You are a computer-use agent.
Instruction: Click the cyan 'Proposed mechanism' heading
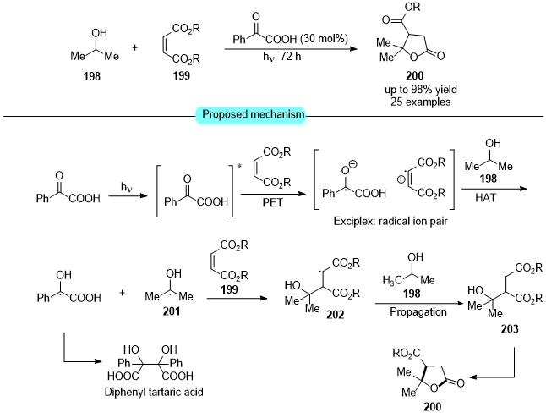[x=254, y=114]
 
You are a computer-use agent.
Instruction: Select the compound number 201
[x=172, y=311]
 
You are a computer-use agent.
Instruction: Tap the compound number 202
[x=336, y=315]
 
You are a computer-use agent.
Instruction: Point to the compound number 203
[x=510, y=328]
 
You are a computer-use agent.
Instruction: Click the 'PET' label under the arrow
[x=273, y=202]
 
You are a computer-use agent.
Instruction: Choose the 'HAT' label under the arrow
[x=485, y=198]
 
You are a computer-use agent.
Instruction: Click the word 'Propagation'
[x=418, y=311]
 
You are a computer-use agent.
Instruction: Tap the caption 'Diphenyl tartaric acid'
[x=154, y=392]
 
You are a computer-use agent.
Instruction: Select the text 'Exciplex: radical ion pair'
[x=390, y=221]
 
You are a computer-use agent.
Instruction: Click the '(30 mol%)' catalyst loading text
[x=324, y=38]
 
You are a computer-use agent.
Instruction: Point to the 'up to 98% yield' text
[x=421, y=90]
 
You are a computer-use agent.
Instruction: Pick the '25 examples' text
[x=420, y=102]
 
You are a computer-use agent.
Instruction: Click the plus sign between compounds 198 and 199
[x=134, y=47]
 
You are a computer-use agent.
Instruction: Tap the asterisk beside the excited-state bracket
[x=239, y=166]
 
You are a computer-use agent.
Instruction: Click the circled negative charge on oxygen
[x=353, y=164]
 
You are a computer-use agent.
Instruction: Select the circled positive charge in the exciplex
[x=401, y=179]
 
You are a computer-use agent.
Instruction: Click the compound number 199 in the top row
[x=182, y=75]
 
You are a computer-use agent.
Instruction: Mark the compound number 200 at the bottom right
[x=433, y=406]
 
